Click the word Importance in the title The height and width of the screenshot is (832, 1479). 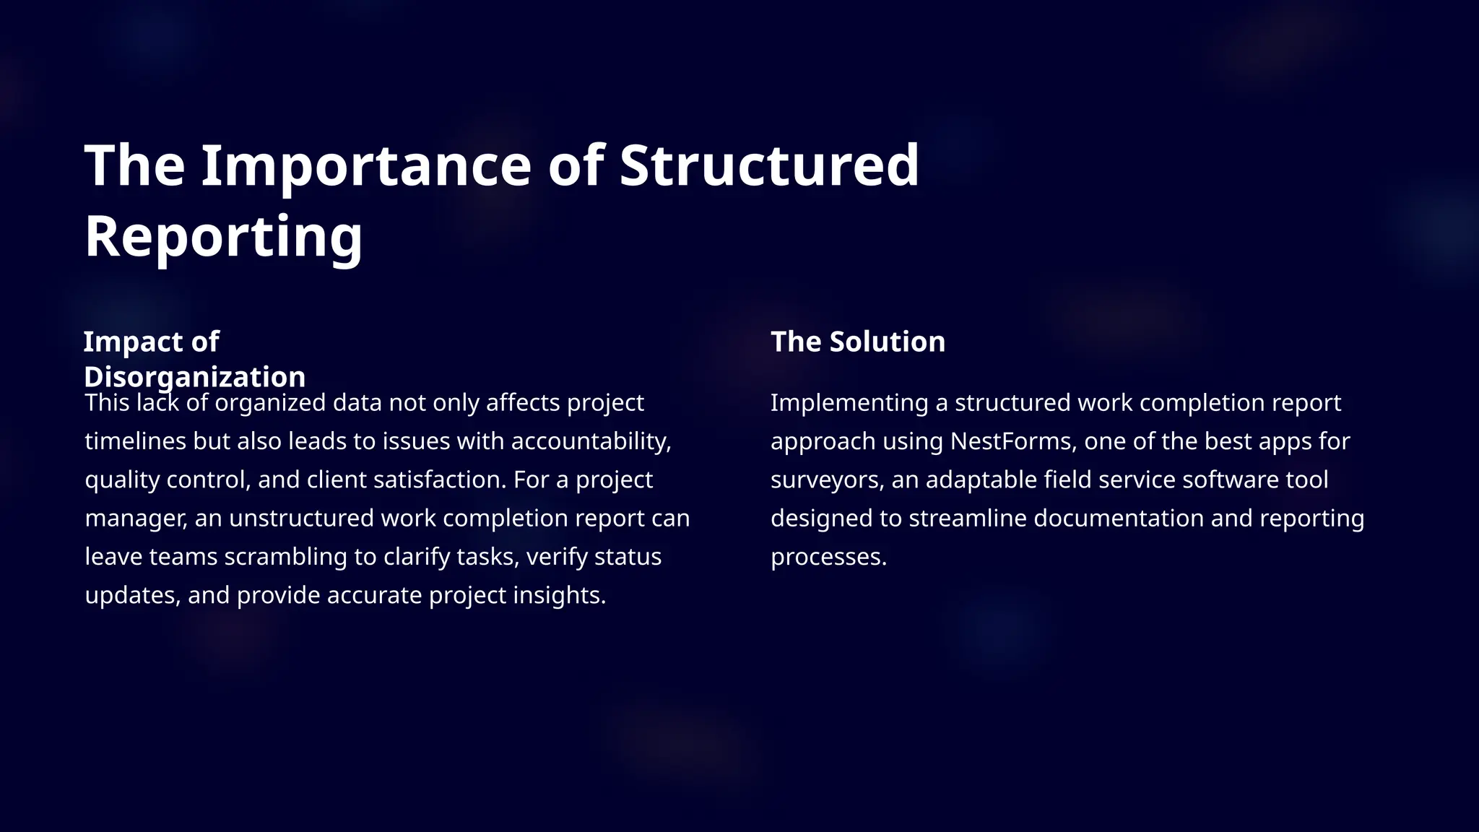[x=365, y=165]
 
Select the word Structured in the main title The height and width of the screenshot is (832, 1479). [x=769, y=165]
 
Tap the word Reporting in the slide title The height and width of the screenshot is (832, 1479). [x=224, y=236]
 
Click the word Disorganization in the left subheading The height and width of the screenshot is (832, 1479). [x=194, y=376]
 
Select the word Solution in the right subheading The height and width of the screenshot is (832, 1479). [x=887, y=342]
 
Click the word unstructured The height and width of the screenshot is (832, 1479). [x=301, y=518]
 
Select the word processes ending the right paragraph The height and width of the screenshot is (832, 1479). [x=828, y=557]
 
